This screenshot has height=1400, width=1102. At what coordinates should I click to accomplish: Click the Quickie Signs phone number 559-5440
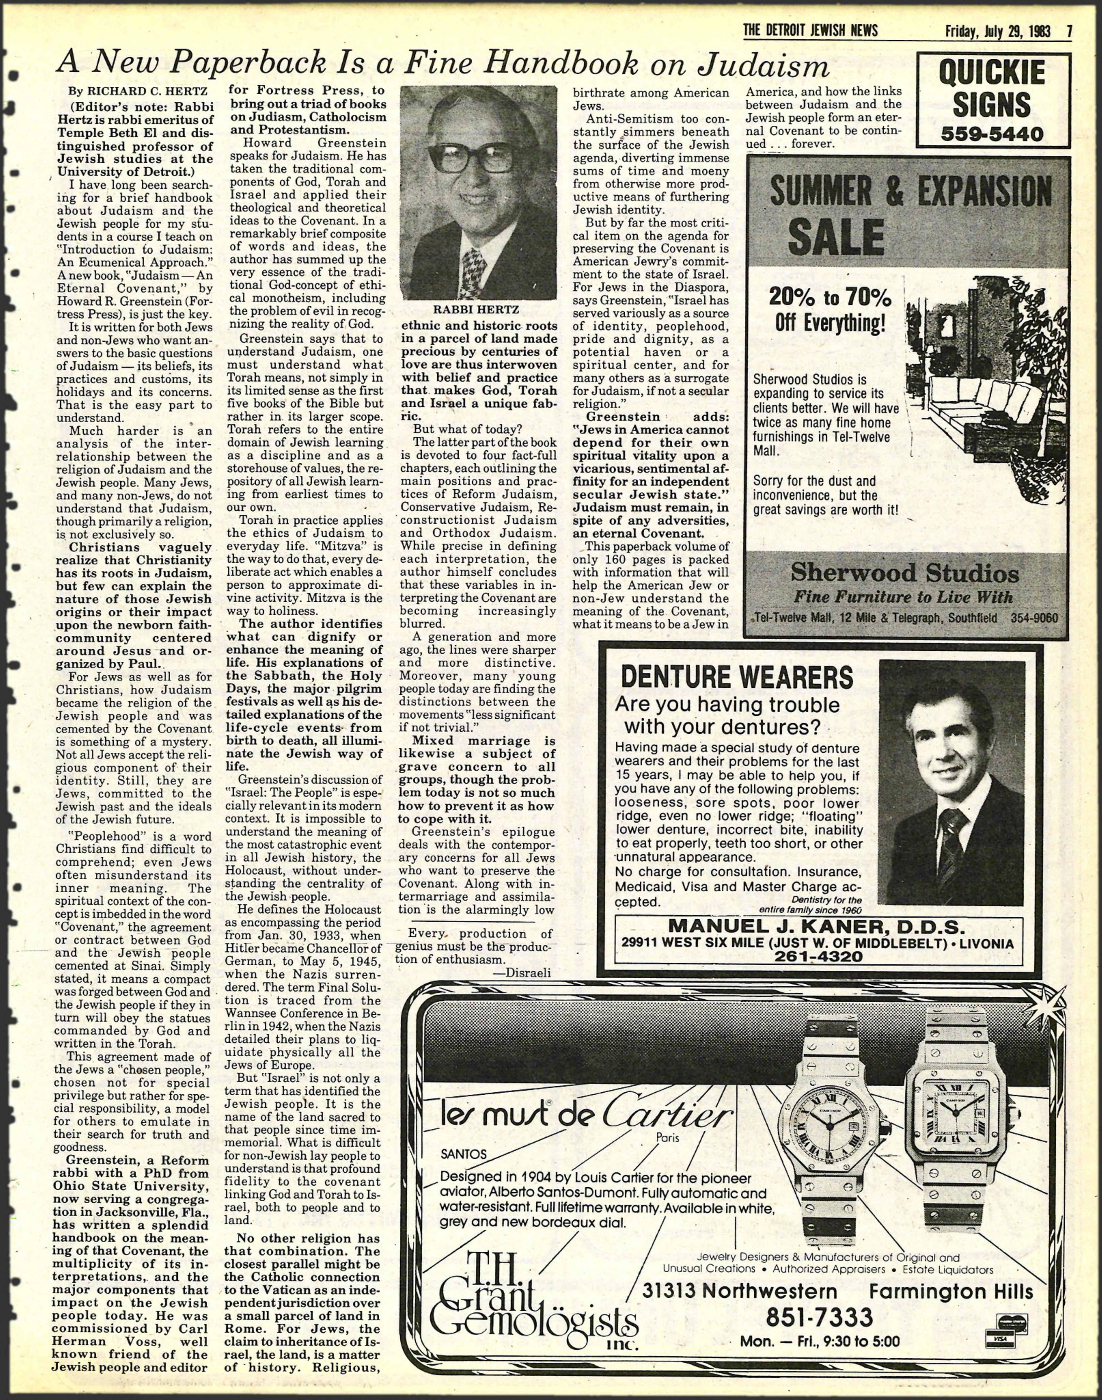[x=992, y=134]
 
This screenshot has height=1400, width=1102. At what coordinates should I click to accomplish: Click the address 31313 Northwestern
[x=740, y=1274]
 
